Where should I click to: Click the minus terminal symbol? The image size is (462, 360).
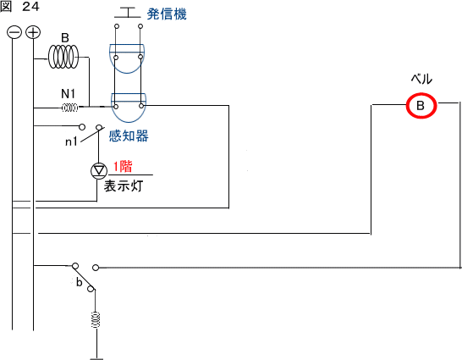click(x=14, y=32)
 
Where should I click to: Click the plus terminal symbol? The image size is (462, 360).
click(x=33, y=32)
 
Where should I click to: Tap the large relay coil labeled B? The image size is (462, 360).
click(x=63, y=57)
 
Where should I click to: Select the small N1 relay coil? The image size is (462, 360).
click(x=70, y=108)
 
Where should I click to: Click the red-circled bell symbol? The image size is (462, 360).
click(x=421, y=106)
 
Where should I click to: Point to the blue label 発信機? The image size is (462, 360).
click(x=167, y=14)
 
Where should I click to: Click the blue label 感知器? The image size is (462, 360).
click(x=129, y=136)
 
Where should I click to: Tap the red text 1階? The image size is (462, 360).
click(x=123, y=167)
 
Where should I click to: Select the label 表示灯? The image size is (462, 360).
click(x=124, y=186)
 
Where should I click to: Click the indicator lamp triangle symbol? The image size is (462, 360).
click(x=98, y=170)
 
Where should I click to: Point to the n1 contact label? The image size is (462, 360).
click(x=71, y=141)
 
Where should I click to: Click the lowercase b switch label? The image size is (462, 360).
click(x=79, y=282)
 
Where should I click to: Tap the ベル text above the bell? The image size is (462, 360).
click(x=421, y=80)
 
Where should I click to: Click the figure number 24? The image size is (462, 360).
click(x=30, y=7)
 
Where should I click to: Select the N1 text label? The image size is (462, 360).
click(x=68, y=94)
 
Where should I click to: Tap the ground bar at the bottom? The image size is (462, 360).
click(x=96, y=358)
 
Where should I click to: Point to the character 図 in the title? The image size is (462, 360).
click(x=6, y=7)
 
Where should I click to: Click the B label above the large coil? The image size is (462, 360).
click(x=65, y=38)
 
